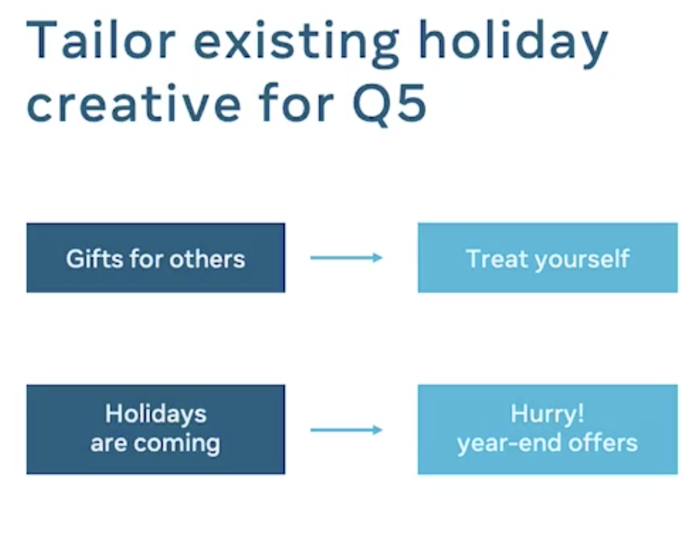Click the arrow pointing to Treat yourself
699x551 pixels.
pos(346,258)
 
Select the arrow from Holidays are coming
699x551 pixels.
pos(346,430)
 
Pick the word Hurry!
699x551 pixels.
pos(547,413)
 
